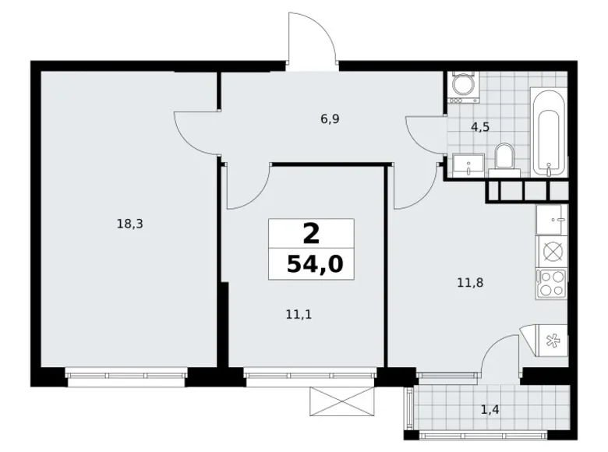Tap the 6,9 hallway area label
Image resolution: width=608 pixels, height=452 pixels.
pos(330,119)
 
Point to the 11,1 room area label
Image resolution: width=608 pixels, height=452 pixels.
pos(294,314)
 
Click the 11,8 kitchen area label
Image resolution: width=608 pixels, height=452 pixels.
pos(470,283)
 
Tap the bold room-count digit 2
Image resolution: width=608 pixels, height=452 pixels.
pos(312,233)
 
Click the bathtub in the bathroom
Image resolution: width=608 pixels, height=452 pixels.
pos(548,132)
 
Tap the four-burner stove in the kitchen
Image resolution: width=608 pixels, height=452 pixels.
pos(552,281)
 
